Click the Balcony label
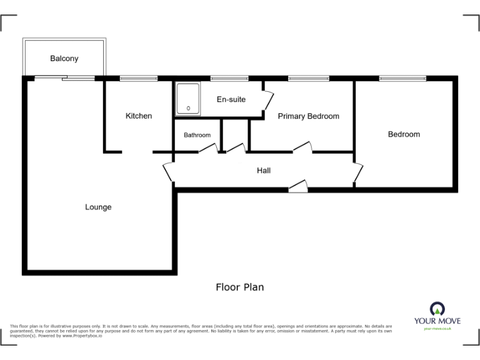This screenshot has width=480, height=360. pyautogui.click(x=64, y=59)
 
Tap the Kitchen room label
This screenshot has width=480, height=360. pyautogui.click(x=139, y=116)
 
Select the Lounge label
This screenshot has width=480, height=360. pyautogui.click(x=98, y=207)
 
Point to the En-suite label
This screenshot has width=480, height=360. pyautogui.click(x=231, y=99)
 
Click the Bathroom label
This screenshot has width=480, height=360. pyautogui.click(x=197, y=135)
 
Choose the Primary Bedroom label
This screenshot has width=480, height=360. pyautogui.click(x=308, y=116)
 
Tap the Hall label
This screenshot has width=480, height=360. pyautogui.click(x=264, y=170)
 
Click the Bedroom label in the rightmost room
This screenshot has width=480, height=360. pyautogui.click(x=404, y=134)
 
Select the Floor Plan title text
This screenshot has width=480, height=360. pyautogui.click(x=240, y=287)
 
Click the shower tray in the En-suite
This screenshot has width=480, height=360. pyautogui.click(x=188, y=100)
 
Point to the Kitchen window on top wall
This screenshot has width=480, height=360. pyautogui.click(x=139, y=78)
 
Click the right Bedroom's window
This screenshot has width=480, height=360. pyautogui.click(x=403, y=78)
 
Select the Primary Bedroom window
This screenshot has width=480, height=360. pyautogui.click(x=308, y=78)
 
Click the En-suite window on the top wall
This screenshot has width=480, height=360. pyautogui.click(x=229, y=78)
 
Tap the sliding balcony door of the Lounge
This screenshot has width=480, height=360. pyautogui.click(x=65, y=78)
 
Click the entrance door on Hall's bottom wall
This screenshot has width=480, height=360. pyautogui.click(x=298, y=186)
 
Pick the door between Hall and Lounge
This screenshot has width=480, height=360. pyautogui.click(x=168, y=172)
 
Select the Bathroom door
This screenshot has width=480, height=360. pyautogui.click(x=208, y=149)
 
